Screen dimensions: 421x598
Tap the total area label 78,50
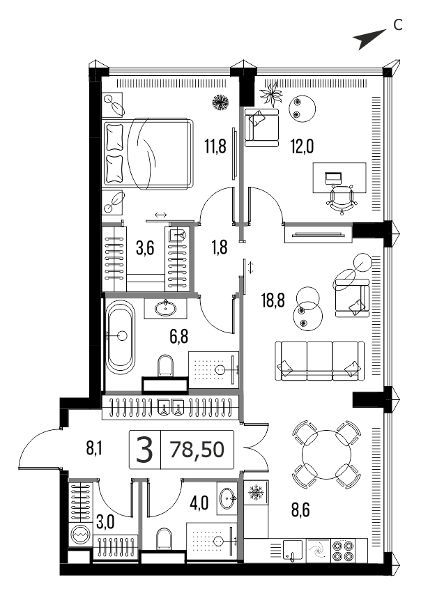(197, 450)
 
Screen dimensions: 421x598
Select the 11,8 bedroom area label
(215, 146)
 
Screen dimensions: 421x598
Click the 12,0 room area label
(302, 146)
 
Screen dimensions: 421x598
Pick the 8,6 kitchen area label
(300, 510)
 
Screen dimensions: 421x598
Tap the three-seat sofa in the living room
(319, 361)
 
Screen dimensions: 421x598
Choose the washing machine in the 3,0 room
(80, 535)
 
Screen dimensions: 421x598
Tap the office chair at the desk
(342, 199)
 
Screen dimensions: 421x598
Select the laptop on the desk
(333, 178)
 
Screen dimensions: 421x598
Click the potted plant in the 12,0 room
(271, 94)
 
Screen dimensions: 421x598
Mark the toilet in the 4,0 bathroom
(164, 539)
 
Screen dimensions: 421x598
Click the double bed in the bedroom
(147, 153)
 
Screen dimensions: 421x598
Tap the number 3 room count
(145, 450)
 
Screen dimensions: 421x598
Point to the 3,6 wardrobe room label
(145, 249)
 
